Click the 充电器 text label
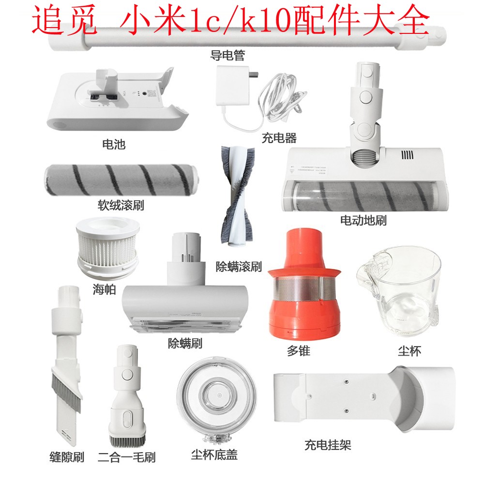279,138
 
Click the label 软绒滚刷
121,205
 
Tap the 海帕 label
104,290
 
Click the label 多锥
298,351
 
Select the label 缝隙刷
67,456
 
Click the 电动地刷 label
363,221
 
